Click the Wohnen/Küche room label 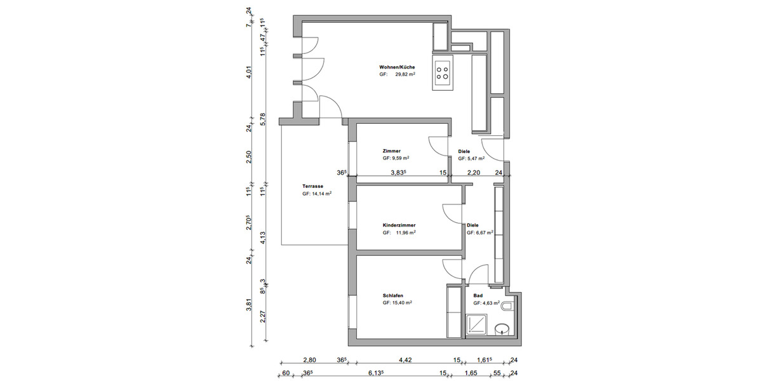click(x=397, y=67)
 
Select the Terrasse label click(x=313, y=187)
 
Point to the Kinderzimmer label click(x=399, y=225)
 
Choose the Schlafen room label click(x=393, y=296)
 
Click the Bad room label click(x=478, y=296)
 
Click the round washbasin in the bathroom click(x=502, y=330)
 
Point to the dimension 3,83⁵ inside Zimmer click(x=399, y=172)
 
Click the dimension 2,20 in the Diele click(x=474, y=172)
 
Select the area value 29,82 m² click(x=403, y=74)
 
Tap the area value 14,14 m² click(x=320, y=194)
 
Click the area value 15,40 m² click(x=400, y=304)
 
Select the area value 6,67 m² click(x=482, y=233)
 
